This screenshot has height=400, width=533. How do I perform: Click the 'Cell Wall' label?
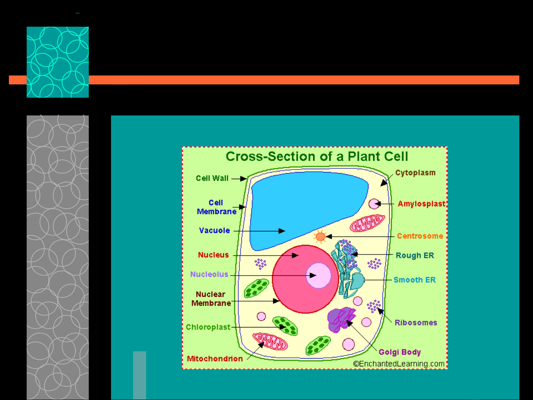[x=212, y=178]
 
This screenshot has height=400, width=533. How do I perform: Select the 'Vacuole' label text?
[x=215, y=231]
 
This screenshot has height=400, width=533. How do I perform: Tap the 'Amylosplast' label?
[x=422, y=204]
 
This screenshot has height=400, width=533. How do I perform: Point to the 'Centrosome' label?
[x=420, y=236]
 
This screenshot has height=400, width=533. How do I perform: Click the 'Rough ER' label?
[x=415, y=255]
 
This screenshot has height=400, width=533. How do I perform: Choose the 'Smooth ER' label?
[x=415, y=280]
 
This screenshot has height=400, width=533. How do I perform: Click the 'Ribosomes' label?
[x=416, y=323]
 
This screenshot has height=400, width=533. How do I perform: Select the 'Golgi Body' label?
[x=400, y=352]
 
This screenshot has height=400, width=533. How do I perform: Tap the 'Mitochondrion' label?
[x=215, y=359]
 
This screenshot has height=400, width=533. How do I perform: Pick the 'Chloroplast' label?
[x=208, y=327]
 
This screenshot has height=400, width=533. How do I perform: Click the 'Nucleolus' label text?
[x=209, y=274]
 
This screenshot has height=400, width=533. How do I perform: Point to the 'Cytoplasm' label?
[x=415, y=173]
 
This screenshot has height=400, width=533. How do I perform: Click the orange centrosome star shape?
[x=320, y=236]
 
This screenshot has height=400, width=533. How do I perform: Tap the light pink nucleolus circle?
[x=318, y=275]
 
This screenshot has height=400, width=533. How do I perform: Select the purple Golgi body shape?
[x=341, y=320]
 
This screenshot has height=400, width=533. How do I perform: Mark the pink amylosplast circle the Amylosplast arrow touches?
[x=374, y=204]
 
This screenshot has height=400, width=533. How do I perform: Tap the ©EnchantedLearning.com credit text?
[x=399, y=364]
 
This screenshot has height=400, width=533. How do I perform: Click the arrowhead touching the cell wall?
[x=243, y=179]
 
